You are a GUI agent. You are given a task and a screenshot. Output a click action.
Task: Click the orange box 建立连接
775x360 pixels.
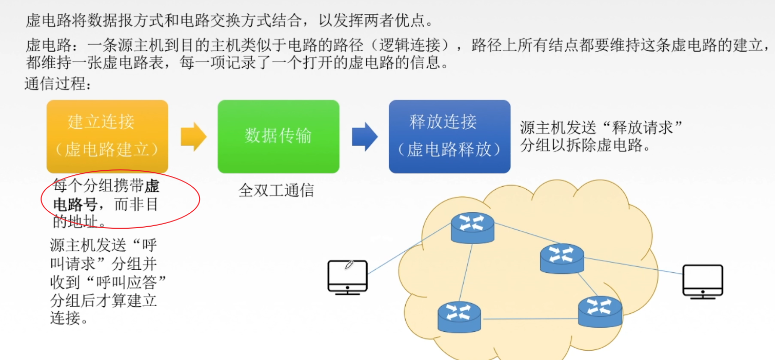[107, 136]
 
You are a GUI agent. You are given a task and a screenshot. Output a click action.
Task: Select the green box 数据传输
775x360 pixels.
[278, 136]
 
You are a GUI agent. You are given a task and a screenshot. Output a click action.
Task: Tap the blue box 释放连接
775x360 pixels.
[449, 136]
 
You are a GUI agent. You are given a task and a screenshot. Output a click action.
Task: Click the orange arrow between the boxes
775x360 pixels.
[193, 136]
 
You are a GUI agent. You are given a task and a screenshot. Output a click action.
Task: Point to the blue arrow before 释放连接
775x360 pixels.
[365, 136]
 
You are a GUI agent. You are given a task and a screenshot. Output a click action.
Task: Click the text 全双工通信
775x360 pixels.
[276, 191]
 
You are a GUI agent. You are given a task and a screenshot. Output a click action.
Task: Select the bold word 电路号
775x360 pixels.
[75, 205]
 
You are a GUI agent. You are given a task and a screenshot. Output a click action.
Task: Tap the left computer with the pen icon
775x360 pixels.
[347, 277]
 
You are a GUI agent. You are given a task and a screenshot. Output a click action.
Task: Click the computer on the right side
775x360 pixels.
[702, 281]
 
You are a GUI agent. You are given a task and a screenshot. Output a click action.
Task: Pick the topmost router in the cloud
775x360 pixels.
[472, 227]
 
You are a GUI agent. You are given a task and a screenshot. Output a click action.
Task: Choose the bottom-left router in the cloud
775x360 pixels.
[460, 316]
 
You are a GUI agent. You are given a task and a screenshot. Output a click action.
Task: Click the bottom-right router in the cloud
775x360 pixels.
[600, 311]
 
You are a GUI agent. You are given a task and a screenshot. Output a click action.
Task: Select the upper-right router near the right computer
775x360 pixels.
[562, 258]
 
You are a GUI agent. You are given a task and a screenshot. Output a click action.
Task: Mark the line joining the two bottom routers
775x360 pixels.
[529, 319]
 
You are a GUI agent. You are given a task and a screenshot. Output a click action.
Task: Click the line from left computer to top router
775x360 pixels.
[409, 249]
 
